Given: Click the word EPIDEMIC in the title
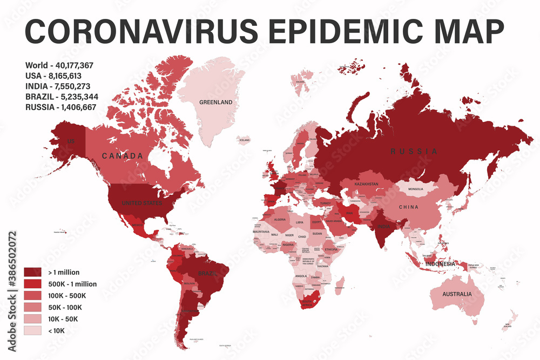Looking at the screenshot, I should pyautogui.click(x=329, y=32).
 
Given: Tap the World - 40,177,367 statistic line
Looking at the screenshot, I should pyautogui.click(x=59, y=65).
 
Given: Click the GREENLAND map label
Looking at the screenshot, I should pyautogui.click(x=215, y=102).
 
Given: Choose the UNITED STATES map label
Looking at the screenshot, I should pyautogui.click(x=142, y=203).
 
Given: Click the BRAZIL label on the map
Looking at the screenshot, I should pyautogui.click(x=207, y=274).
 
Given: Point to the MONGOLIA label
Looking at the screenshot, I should pyautogui.click(x=416, y=189).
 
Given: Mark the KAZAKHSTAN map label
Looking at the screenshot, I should pyautogui.click(x=370, y=185).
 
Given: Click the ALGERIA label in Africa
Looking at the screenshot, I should pyautogui.click(x=280, y=220).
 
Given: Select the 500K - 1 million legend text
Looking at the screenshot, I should pyautogui.click(x=73, y=284).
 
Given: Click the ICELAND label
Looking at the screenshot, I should pyautogui.click(x=245, y=140).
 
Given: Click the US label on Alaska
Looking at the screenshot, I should pyautogui.click(x=71, y=141).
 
